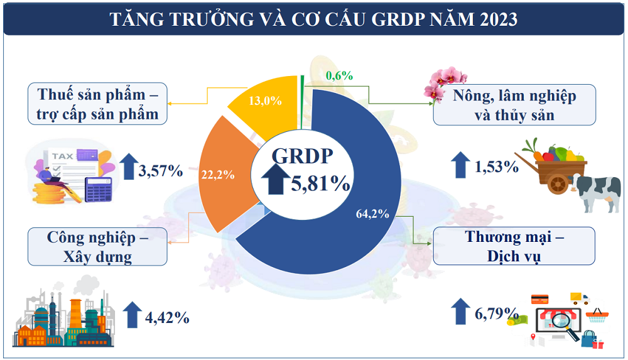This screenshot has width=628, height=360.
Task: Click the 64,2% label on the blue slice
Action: (x=372, y=214)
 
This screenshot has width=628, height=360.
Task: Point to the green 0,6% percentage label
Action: (x=339, y=76)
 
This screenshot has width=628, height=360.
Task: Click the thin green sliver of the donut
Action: (x=303, y=87)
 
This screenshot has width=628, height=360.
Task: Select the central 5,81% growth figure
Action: (x=320, y=183)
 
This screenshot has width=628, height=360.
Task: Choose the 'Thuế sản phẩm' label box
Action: (x=97, y=104)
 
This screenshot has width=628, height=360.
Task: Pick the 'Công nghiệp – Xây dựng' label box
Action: (x=97, y=246)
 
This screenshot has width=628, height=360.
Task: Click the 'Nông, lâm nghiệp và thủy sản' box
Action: (x=514, y=105)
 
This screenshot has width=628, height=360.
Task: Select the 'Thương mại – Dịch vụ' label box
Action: (x=514, y=246)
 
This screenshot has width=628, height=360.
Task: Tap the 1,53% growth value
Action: (x=497, y=167)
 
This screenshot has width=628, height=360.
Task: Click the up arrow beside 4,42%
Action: (x=132, y=315)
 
